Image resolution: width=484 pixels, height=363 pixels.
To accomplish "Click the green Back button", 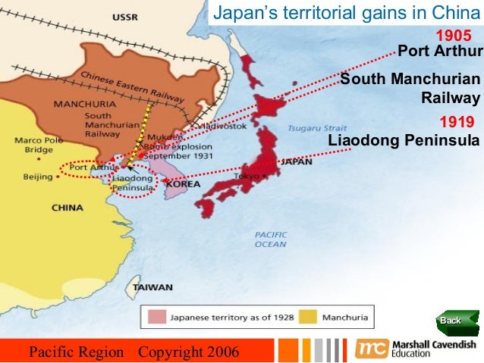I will coord(454,321).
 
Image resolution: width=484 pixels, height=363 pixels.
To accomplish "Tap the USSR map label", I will coord(124,17).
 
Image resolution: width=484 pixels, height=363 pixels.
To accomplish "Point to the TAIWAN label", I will coord(152,288).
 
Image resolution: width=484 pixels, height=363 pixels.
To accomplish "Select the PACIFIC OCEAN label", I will coord(271,239).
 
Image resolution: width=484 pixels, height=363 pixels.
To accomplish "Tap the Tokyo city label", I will coord(245,176).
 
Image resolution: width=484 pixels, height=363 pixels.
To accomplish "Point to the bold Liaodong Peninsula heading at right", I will coord(404,141).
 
